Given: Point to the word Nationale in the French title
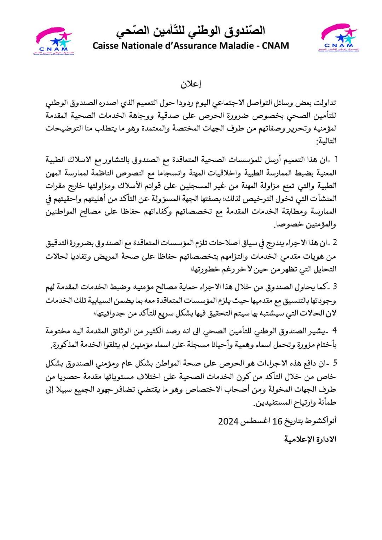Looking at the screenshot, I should coord(142,46).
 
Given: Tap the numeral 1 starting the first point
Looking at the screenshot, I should coord(335,159).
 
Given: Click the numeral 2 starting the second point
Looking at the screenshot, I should coord(334,243).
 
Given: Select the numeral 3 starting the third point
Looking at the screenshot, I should coord(335,286).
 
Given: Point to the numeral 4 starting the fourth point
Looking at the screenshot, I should coord(334,331).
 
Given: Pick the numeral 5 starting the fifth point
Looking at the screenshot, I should coord(335,363).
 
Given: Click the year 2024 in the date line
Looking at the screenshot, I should coord(228,421).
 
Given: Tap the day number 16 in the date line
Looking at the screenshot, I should coord(277,421).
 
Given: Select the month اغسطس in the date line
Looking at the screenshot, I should coord(256,421).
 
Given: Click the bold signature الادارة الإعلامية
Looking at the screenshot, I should coord(310,439).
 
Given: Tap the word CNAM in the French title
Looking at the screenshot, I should coord(276,46).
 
